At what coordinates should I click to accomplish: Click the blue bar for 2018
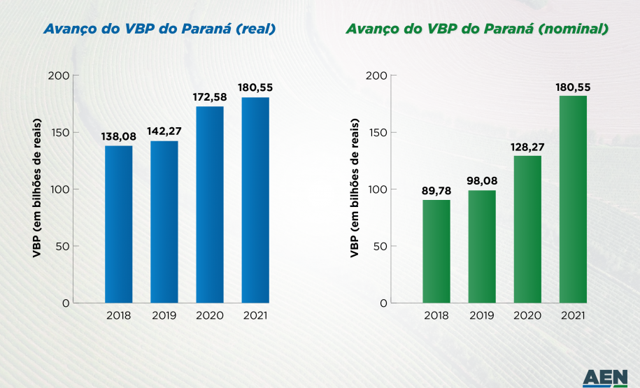(118, 224)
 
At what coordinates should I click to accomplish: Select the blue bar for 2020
(209, 204)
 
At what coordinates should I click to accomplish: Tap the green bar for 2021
(572, 199)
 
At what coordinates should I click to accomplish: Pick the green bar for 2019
(481, 246)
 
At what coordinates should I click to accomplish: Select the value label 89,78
(436, 190)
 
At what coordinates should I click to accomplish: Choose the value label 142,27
(164, 131)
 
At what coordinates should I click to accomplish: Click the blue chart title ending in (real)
(159, 29)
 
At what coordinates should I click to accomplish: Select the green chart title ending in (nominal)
(477, 29)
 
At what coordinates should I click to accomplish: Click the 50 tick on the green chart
(378, 246)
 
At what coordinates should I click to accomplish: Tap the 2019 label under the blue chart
(164, 315)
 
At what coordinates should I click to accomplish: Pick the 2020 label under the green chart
(527, 315)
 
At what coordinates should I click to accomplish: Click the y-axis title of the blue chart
(38, 189)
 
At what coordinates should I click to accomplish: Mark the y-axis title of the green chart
(355, 189)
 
